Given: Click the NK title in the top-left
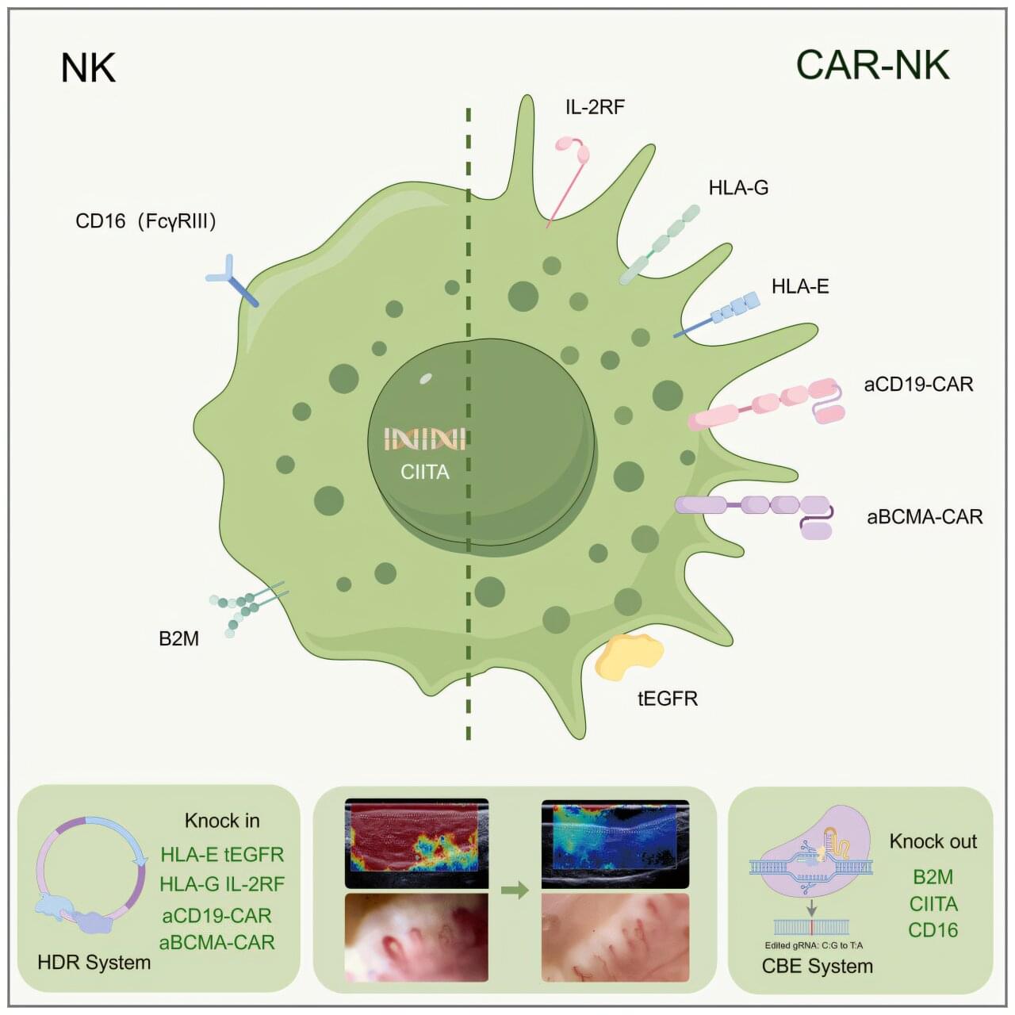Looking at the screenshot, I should tap(88, 68).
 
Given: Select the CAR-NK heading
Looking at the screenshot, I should tap(872, 65).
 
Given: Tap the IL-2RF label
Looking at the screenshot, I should tap(595, 106).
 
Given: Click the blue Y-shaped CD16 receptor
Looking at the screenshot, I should tap(231, 280).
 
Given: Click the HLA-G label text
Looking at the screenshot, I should tap(738, 188).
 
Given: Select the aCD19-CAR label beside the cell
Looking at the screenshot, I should tap(918, 385).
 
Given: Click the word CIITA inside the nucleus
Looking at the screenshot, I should tap(425, 472).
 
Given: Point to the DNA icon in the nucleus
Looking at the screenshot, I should tap(424, 439).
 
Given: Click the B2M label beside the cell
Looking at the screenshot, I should tap(178, 638).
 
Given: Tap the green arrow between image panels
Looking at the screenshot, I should tap(515, 891).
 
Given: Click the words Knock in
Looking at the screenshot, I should tap(222, 821).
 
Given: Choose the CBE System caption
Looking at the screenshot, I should tap(817, 966).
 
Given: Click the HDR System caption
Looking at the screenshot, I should tap(94, 963).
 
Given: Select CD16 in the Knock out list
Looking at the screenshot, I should tap(933, 930).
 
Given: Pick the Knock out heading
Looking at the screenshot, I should tap(933, 841).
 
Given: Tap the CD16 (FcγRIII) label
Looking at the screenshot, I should tap(146, 221).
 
